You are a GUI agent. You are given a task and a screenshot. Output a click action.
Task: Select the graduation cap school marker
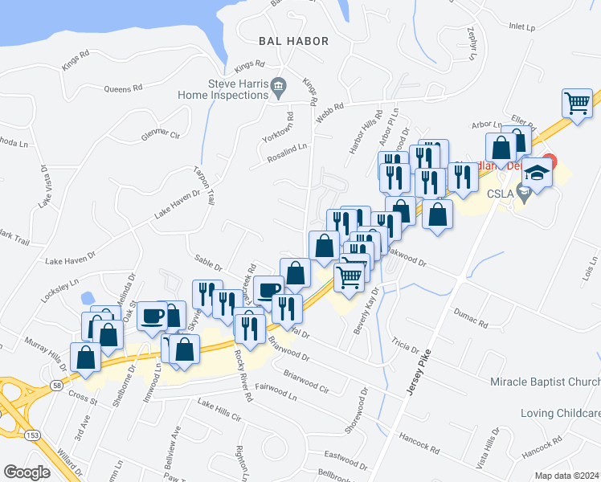coord(537,173)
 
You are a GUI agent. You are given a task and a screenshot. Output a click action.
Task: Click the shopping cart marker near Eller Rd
coord(577,103)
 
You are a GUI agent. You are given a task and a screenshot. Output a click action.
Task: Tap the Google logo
coord(27,472)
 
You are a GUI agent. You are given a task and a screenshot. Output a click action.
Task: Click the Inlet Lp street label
coord(521,27)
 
